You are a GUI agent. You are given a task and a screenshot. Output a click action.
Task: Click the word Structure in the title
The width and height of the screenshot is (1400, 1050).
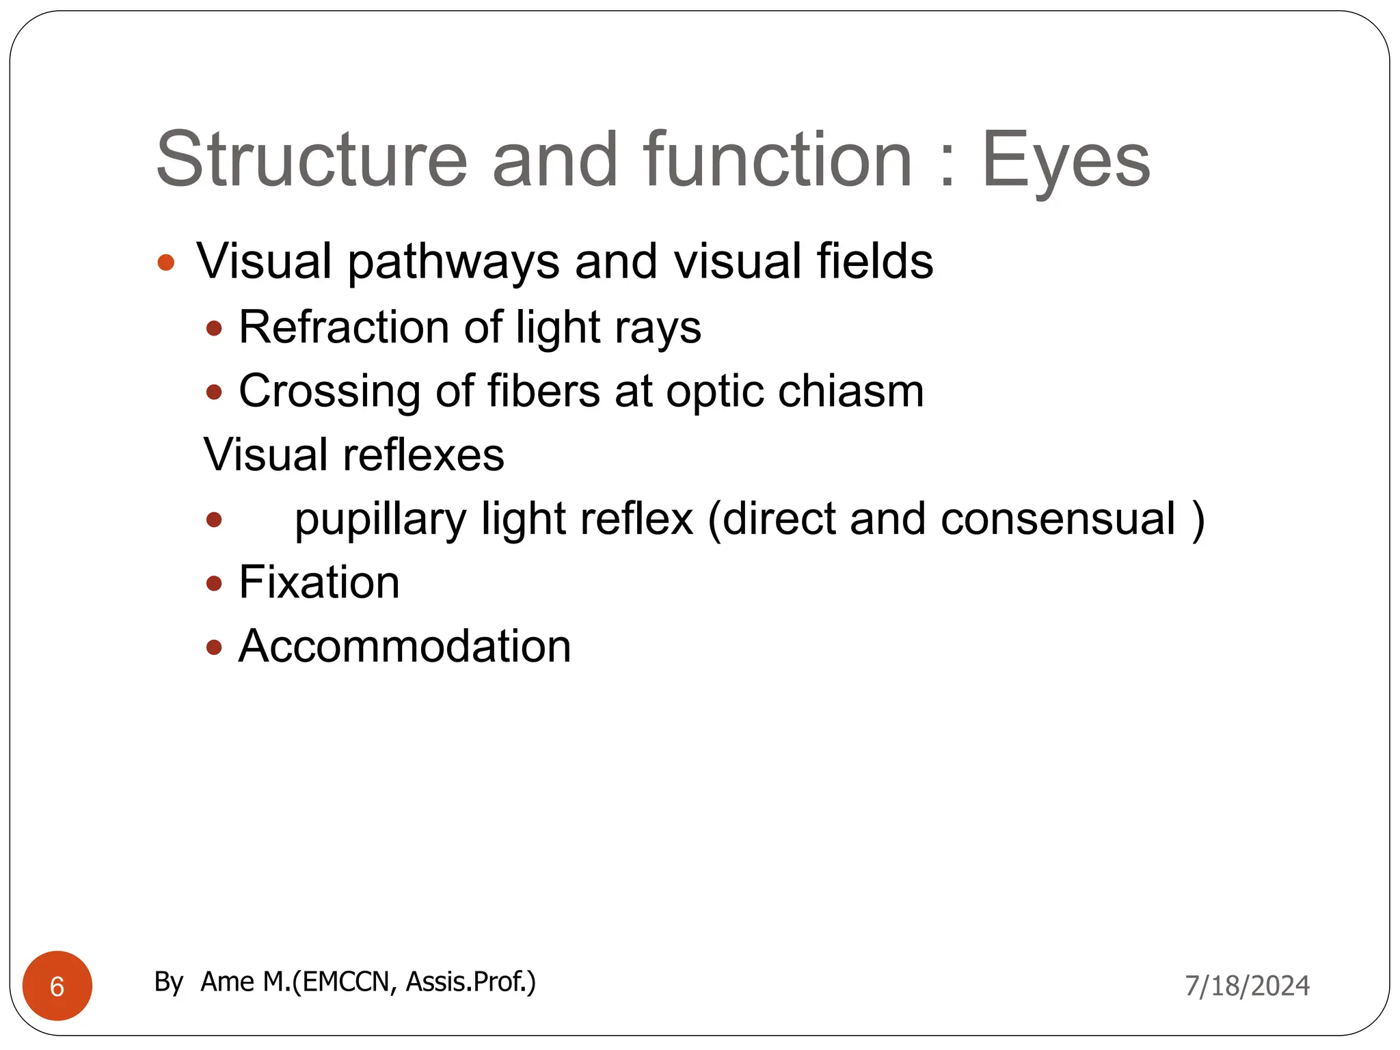[x=312, y=160]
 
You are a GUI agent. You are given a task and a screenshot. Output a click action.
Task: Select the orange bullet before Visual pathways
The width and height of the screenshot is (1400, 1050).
[x=166, y=262]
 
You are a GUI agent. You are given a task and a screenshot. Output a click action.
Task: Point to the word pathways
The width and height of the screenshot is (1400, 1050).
[x=453, y=262]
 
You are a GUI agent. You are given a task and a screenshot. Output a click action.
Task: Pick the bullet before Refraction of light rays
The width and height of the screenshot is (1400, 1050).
[x=215, y=329]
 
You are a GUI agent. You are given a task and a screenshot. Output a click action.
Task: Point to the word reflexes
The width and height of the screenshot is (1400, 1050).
[x=423, y=455]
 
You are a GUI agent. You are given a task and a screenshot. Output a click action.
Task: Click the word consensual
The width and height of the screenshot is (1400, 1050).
[x=1058, y=519]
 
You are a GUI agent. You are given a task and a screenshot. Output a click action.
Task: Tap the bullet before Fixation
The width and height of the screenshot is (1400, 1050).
[x=215, y=584]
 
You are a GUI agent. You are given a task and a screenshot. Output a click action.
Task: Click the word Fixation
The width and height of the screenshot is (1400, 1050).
[x=319, y=582]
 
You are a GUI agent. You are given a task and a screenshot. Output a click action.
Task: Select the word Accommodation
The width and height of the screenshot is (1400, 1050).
[x=405, y=646]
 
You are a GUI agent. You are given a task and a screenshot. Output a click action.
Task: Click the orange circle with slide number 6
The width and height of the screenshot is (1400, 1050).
[x=57, y=986]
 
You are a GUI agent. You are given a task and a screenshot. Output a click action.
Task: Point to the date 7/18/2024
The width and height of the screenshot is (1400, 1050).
[x=1247, y=986]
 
